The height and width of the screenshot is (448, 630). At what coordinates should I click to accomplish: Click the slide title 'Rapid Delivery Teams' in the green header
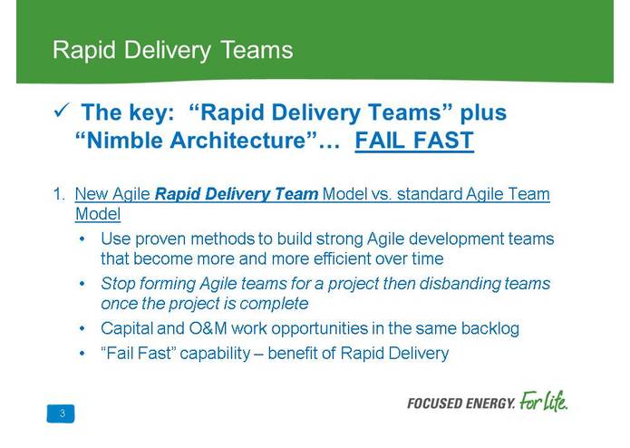172,50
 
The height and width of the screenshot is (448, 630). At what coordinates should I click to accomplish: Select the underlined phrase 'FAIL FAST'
414,141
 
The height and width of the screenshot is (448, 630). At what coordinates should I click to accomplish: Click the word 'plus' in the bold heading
482,113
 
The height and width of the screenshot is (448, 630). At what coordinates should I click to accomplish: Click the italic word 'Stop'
117,283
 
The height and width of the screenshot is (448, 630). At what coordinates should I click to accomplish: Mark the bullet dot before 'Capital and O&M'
82,328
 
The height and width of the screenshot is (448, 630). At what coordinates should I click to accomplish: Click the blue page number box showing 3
61,414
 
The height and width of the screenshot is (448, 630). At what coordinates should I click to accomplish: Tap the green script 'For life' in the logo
544,402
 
